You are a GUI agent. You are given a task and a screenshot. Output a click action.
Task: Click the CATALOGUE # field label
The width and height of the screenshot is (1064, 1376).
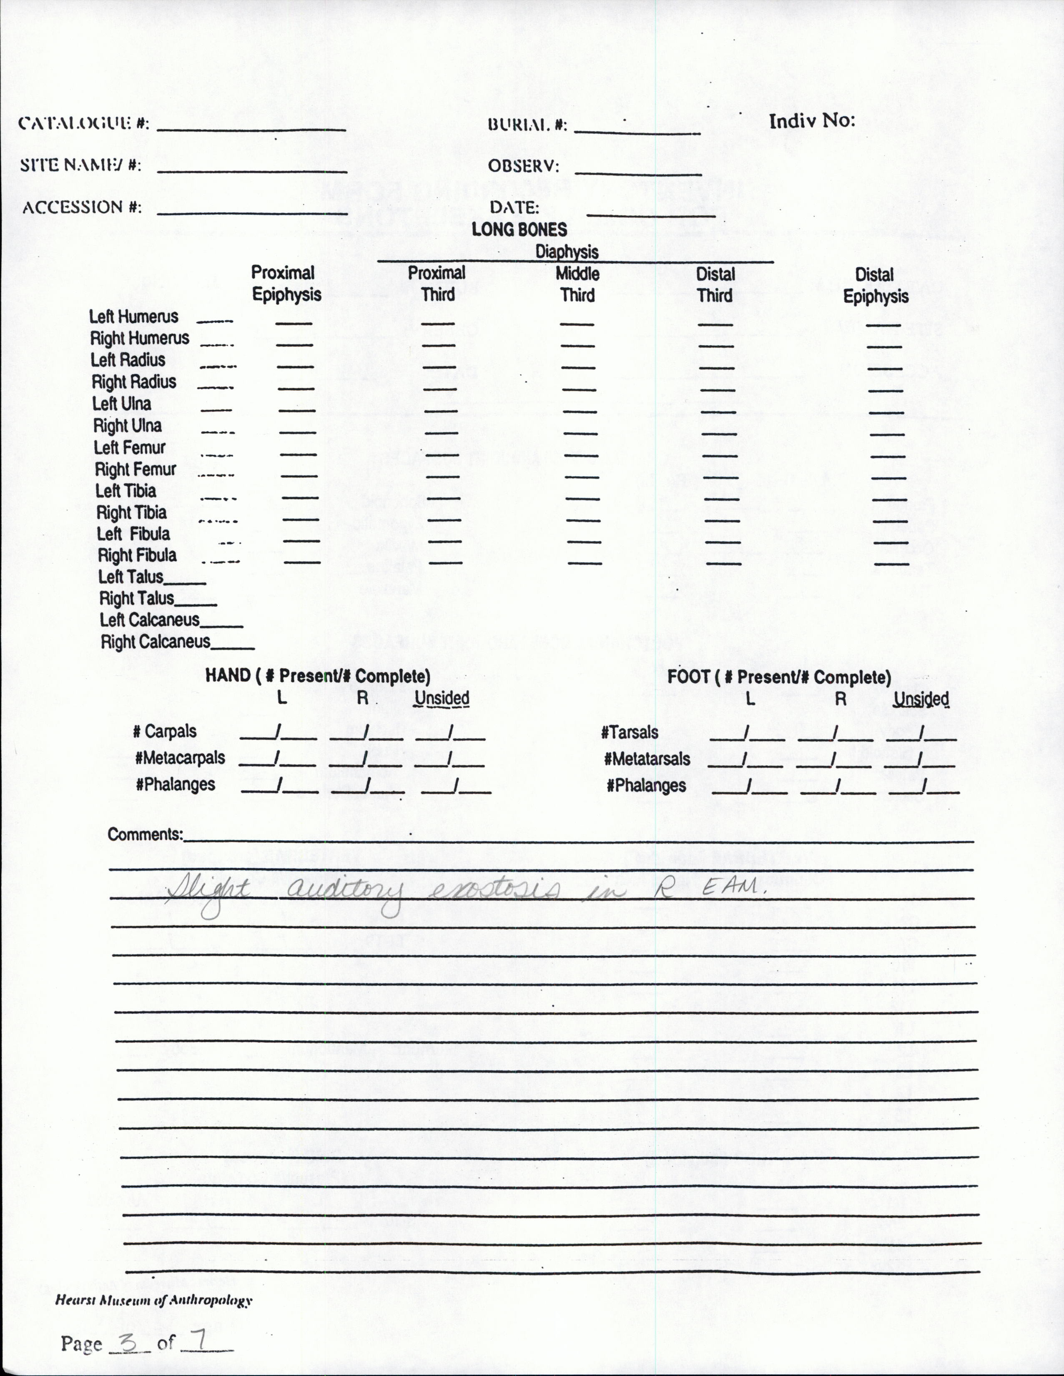(x=84, y=123)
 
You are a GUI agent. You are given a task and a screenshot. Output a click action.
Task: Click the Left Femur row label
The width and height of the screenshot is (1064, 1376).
(x=130, y=447)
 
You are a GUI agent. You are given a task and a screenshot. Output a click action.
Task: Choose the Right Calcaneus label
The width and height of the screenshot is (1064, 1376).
(x=156, y=642)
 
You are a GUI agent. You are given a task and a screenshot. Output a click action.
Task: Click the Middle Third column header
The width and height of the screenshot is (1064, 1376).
(x=577, y=284)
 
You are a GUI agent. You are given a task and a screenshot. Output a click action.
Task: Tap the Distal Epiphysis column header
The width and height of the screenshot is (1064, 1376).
(x=875, y=285)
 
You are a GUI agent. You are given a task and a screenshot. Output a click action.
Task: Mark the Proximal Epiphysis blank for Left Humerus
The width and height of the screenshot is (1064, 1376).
(x=294, y=323)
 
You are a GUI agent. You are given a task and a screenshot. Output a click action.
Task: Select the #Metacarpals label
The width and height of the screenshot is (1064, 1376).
(x=180, y=758)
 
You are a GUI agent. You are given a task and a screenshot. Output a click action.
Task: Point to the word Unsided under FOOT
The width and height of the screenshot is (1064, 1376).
(x=921, y=699)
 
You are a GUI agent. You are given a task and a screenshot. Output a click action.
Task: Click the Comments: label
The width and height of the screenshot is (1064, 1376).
(x=145, y=834)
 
